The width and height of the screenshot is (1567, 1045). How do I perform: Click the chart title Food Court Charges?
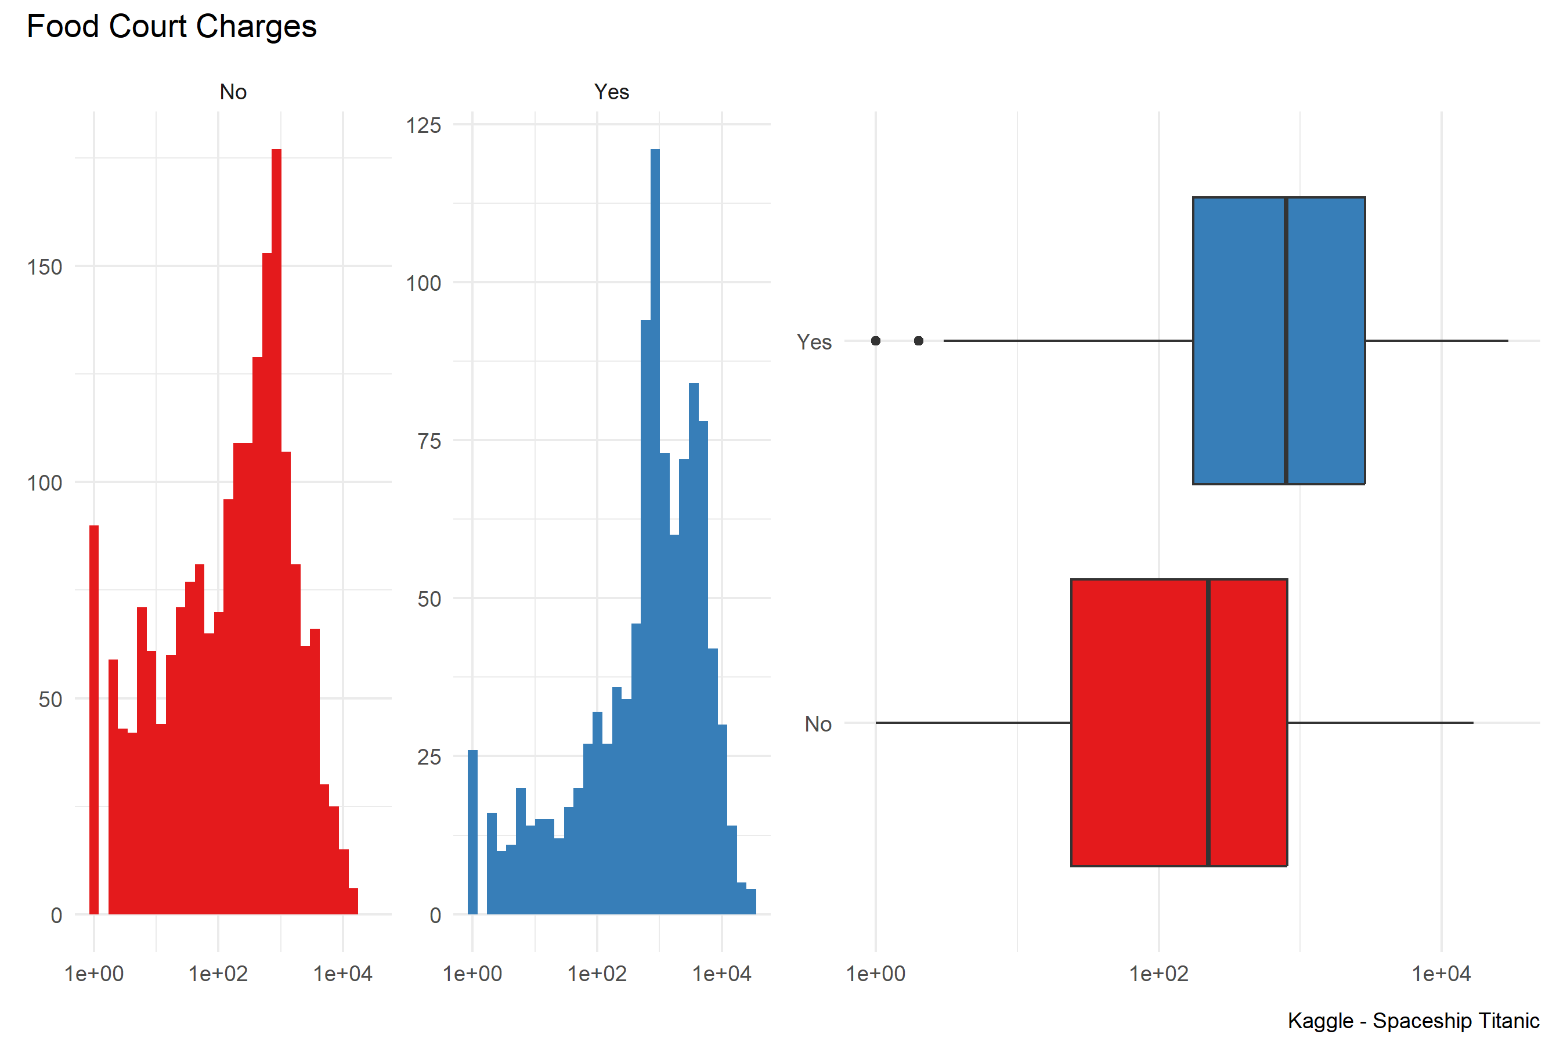[x=171, y=27]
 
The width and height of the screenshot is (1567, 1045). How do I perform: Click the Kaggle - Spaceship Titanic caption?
[x=1413, y=1021]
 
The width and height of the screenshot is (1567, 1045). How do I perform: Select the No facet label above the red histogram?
[x=233, y=92]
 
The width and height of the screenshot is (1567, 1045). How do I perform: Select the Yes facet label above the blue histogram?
[x=611, y=92]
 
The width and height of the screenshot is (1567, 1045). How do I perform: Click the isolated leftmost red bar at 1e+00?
[x=94, y=720]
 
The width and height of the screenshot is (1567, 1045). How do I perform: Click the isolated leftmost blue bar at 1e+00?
[x=472, y=833]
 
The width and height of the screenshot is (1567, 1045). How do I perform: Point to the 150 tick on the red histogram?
[x=45, y=267]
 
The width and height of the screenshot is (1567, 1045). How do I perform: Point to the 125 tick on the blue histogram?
[x=424, y=125]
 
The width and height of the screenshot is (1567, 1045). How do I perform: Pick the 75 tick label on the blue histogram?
[x=429, y=441]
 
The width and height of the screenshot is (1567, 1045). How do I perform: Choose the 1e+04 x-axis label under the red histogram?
[x=342, y=974]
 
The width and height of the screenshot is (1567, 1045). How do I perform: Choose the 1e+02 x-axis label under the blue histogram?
[x=597, y=974]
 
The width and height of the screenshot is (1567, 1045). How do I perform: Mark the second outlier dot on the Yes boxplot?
[x=918, y=341]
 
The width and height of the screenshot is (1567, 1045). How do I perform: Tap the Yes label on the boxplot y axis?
[x=814, y=343]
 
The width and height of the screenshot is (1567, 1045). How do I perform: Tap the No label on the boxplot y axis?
[x=818, y=725]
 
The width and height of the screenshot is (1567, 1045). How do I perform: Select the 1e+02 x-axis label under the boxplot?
[x=1158, y=974]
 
